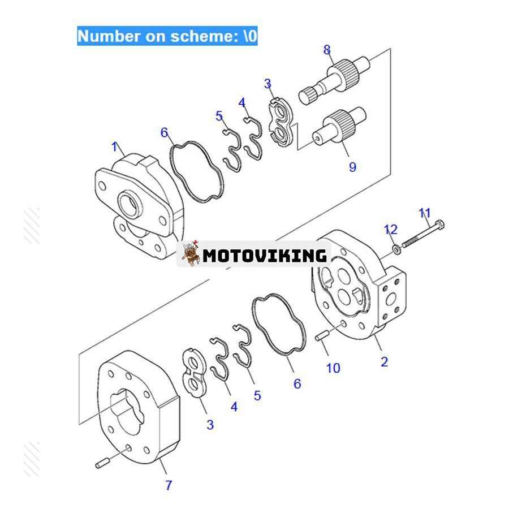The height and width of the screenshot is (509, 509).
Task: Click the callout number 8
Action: tap(327, 49)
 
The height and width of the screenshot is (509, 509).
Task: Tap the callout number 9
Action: tap(352, 167)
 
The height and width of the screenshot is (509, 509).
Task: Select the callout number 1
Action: tap(115, 148)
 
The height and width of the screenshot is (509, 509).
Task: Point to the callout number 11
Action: tap(425, 213)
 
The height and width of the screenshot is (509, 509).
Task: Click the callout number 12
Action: tap(407, 230)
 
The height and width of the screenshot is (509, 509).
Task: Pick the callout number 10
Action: tap(333, 368)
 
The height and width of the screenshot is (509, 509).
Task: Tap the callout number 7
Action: tap(168, 485)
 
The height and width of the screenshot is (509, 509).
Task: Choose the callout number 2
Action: tap(385, 361)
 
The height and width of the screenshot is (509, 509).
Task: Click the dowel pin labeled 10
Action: tap(322, 338)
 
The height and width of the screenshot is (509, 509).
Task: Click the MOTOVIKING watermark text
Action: tap(265, 256)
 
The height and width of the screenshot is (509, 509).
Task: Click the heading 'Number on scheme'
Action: tap(167, 36)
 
